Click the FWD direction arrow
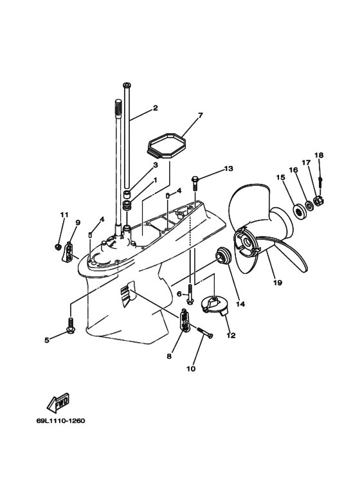pos(58,402)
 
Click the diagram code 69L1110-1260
pos(61,421)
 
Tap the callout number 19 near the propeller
pos(277,282)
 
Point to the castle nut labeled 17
pos(318,201)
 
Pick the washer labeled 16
pos(309,205)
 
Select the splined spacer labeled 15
pos(298,210)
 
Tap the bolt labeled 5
pos(70,324)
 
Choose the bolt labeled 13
pos(195,184)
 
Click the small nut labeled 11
pos(58,246)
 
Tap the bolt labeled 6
pos(190,294)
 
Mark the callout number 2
pos(155,108)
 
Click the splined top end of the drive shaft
pos(118,108)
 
